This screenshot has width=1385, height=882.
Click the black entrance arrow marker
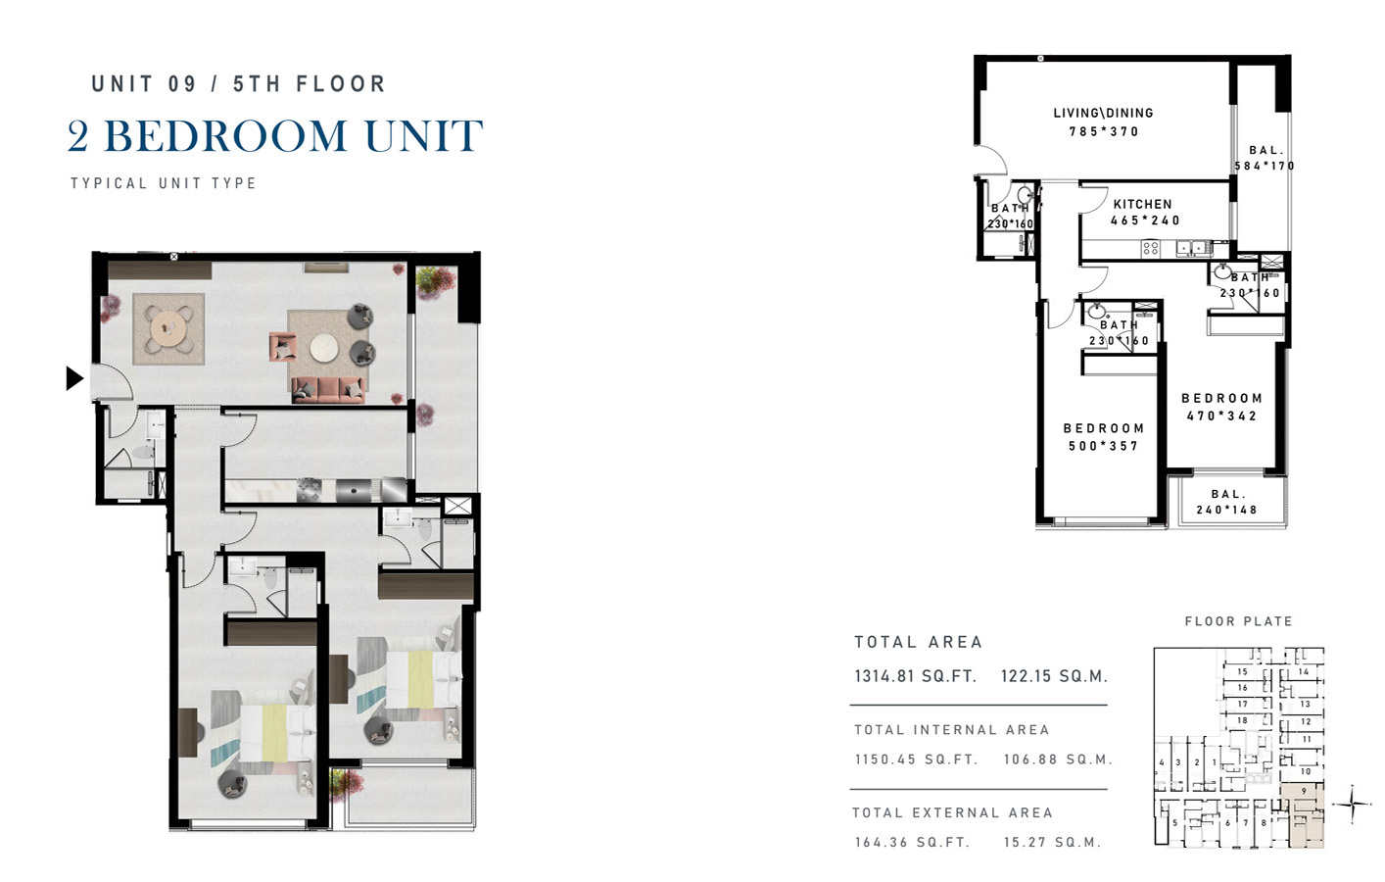tap(74, 378)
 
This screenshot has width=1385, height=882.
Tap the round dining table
tap(168, 327)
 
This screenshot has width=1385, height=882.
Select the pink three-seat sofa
tap(328, 391)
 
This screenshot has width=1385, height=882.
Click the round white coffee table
tap(324, 348)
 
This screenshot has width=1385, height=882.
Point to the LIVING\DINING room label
tap(1104, 113)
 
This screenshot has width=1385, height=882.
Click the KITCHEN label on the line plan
tap(1143, 204)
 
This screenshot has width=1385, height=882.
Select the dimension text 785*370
tap(1104, 131)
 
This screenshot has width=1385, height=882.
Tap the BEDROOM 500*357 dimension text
tap(1104, 446)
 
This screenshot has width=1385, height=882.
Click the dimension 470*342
tap(1221, 416)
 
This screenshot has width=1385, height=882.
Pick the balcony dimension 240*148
tap(1227, 511)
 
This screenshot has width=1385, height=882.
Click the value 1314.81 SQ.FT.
tap(915, 676)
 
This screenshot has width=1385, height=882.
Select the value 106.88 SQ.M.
tap(1058, 759)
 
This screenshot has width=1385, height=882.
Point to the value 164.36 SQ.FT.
tap(912, 843)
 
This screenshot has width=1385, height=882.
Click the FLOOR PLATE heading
tap(1238, 621)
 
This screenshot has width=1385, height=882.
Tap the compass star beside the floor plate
tap(1353, 805)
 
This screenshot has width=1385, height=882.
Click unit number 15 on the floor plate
tap(1242, 671)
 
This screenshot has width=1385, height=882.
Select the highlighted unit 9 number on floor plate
tap(1304, 791)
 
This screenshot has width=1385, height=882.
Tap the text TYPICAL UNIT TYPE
tap(164, 183)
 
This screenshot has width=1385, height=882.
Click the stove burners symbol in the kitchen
tap(1151, 249)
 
